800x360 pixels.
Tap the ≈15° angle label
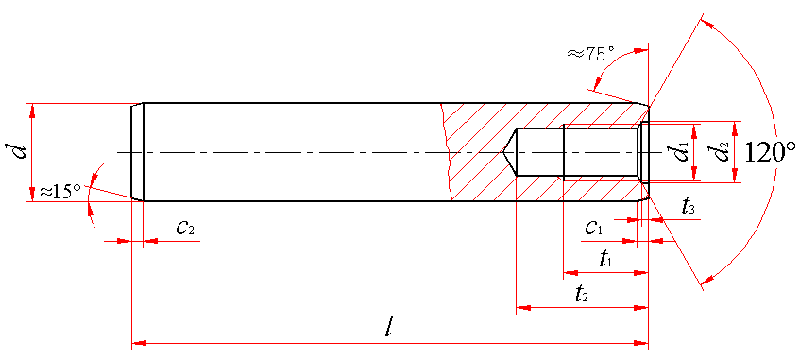[60, 192]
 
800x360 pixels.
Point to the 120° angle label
[771, 152]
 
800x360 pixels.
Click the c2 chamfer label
[185, 228]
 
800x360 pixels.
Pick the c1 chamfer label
[594, 229]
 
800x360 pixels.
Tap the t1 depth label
[606, 261]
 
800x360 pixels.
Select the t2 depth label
[582, 295]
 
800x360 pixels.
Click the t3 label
[689, 207]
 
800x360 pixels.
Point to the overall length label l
[390, 328]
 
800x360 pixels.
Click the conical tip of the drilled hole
[502, 152]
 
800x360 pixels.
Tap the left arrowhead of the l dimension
[139, 343]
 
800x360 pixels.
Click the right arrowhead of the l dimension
[640, 343]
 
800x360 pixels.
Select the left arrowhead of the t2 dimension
[524, 308]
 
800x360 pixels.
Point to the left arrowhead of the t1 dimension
[570, 273]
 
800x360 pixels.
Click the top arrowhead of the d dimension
[33, 111]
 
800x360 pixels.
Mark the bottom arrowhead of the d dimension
[33, 194]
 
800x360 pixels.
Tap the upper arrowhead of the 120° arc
[707, 25]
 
